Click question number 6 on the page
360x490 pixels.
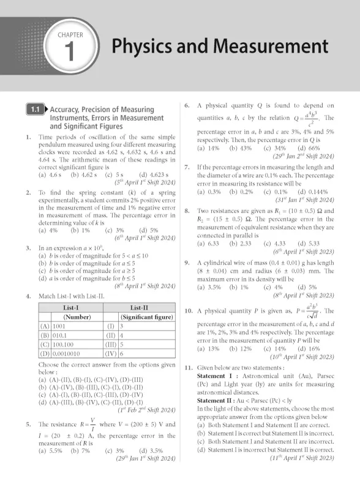(x=186, y=106)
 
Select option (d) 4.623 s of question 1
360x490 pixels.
(x=139, y=175)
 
